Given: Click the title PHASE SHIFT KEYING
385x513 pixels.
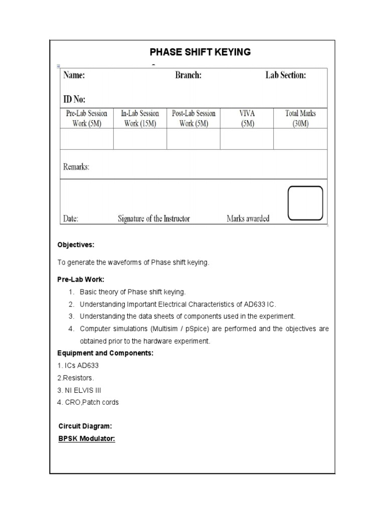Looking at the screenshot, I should pos(201,52).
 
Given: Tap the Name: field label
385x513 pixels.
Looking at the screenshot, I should pos(74,76).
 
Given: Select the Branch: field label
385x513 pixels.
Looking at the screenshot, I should pos(188,76).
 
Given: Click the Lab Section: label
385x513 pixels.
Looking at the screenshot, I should pos(285,76).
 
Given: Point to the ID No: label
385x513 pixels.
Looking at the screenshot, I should pos(74,99).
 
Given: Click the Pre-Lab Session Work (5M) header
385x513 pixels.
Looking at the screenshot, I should pos(87,118).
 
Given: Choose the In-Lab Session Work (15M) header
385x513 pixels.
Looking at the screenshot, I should pos(140,118).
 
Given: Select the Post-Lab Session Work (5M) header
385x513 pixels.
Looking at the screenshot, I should pos(194,118).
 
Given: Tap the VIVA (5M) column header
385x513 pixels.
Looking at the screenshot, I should pos(247,118).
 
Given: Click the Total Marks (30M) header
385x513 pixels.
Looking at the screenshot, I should pos(300,118).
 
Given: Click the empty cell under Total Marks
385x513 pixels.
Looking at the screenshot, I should pos(300,139).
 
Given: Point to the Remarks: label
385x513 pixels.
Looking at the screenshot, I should pos(76,167).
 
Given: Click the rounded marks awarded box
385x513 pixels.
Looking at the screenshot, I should pos(305,203).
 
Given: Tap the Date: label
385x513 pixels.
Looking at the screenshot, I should pos(71,218).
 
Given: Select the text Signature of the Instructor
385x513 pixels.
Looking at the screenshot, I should pos(154,218).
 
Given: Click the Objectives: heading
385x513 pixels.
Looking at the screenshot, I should pos(76,245).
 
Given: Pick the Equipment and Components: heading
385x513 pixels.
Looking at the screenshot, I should pos(105,353).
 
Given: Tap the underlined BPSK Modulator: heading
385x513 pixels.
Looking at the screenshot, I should pos(87,439).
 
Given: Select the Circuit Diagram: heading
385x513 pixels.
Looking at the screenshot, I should pos(85,426).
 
